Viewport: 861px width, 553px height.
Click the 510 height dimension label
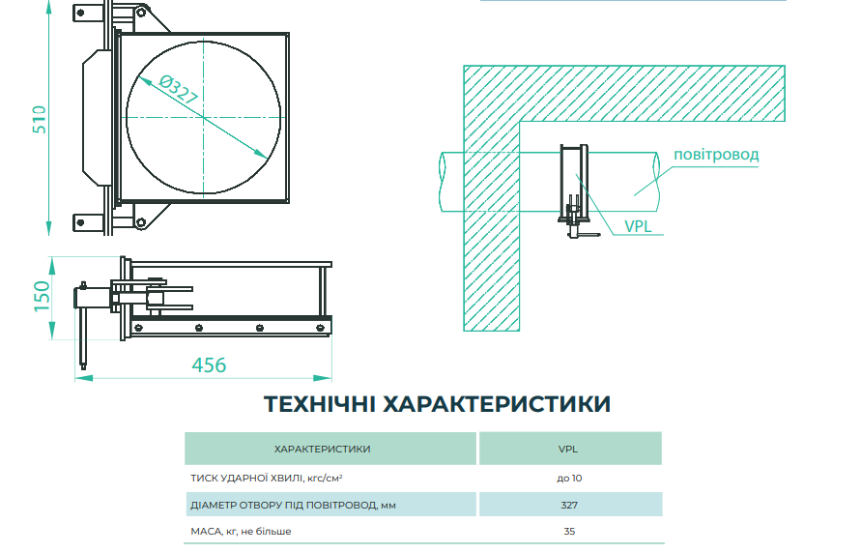[x=40, y=119]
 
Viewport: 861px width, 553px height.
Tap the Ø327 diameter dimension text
[x=178, y=90]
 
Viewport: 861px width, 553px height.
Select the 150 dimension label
[x=42, y=296]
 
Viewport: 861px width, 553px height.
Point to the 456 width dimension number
[x=209, y=365]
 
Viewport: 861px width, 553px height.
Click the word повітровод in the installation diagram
[x=716, y=155]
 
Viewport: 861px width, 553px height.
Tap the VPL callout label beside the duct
[x=638, y=226]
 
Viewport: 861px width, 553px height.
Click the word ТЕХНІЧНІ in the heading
[x=320, y=404]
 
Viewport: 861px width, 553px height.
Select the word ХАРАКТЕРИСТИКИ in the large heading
[x=497, y=404]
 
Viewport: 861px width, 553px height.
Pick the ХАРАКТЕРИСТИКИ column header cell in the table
[x=330, y=449]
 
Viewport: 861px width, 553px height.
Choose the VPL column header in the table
[x=570, y=449]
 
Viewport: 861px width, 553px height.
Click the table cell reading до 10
[x=569, y=479]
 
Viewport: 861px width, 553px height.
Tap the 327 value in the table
[x=569, y=505]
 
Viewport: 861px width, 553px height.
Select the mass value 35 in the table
[x=569, y=531]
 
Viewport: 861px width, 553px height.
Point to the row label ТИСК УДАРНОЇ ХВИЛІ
[x=247, y=479]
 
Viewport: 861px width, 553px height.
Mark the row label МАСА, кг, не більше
[x=241, y=531]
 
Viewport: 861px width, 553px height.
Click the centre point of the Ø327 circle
[x=203, y=117]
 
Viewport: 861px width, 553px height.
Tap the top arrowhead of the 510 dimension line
[x=49, y=7]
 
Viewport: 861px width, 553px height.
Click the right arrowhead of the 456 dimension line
[x=324, y=378]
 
